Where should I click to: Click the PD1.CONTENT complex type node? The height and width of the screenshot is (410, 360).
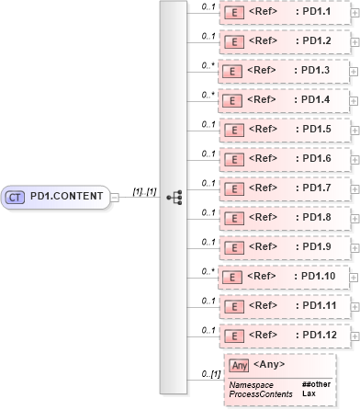pyautogui.click(x=57, y=196)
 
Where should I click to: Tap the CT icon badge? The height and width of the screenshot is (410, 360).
pyautogui.click(x=16, y=196)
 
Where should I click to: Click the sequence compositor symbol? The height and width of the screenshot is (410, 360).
pyautogui.click(x=174, y=196)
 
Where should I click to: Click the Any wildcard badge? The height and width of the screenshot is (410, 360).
pyautogui.click(x=239, y=366)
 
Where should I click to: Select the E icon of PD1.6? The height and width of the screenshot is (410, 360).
pyautogui.click(x=234, y=158)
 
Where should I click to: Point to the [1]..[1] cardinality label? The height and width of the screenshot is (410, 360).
pyautogui.click(x=143, y=190)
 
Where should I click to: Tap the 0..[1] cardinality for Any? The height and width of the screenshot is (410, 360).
pyautogui.click(x=209, y=373)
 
